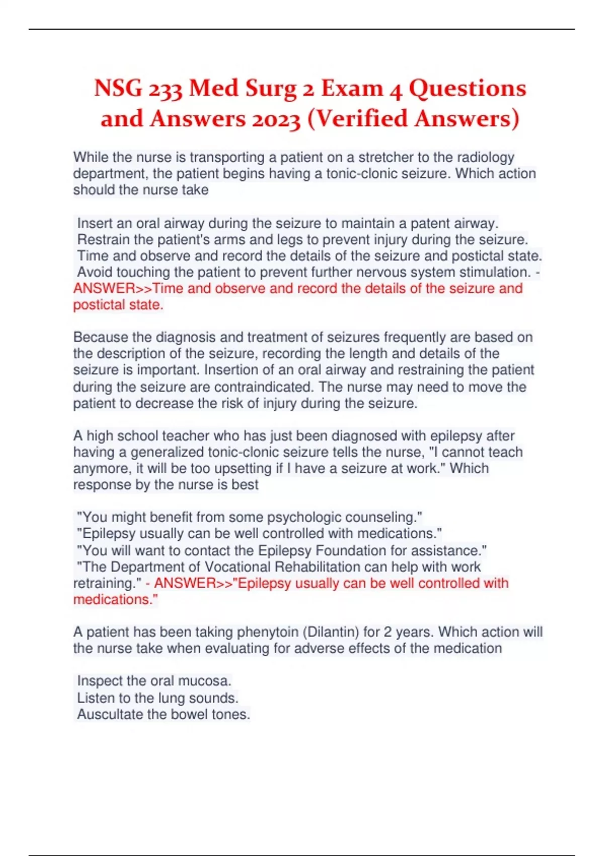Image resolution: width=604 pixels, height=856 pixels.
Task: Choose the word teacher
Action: click(x=187, y=436)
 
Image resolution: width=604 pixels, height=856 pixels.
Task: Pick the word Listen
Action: click(x=96, y=698)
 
